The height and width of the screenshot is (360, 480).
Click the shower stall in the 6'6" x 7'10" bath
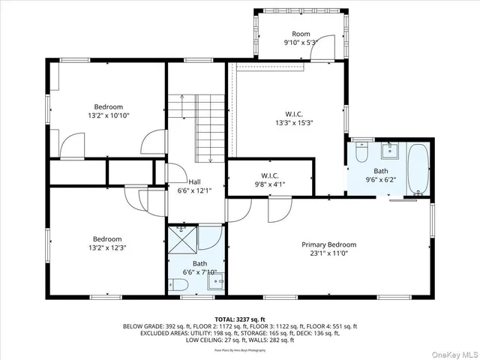(x=181, y=241)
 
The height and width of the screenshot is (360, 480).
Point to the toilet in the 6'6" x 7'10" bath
(x=177, y=283)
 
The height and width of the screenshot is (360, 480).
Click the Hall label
(x=194, y=181)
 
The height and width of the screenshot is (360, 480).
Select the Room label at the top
(x=301, y=34)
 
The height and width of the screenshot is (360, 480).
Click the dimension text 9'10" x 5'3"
(x=301, y=43)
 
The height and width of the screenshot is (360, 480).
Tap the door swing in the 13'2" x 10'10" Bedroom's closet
(x=72, y=145)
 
